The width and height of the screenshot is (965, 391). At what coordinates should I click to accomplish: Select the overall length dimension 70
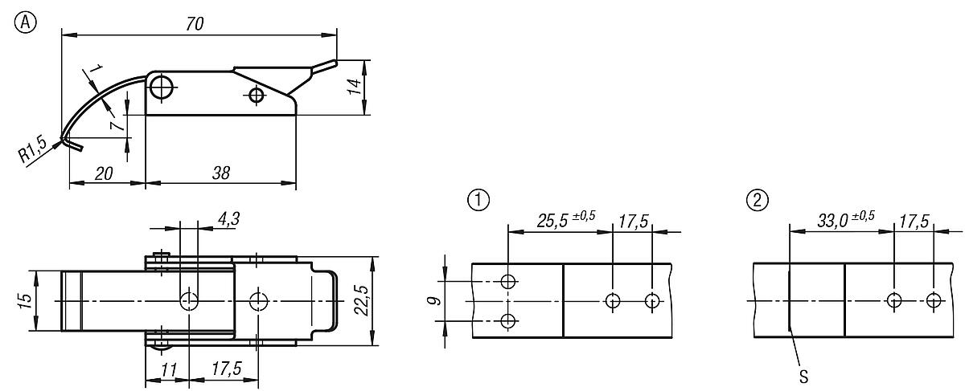[x=194, y=24]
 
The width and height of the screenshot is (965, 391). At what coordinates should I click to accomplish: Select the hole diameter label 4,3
[x=228, y=217]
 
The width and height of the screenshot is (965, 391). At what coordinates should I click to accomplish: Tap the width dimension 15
[x=25, y=300]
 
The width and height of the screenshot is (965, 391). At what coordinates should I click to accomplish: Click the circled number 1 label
[x=478, y=200]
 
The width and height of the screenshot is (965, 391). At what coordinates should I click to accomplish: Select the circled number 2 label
[x=758, y=200]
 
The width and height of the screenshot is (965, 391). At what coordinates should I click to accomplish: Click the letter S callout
[x=802, y=375]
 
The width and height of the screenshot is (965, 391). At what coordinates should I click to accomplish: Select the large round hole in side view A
[x=162, y=87]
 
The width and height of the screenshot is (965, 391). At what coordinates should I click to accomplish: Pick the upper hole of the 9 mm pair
[x=508, y=281]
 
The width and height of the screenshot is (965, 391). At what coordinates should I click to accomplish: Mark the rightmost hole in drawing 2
[x=933, y=301]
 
